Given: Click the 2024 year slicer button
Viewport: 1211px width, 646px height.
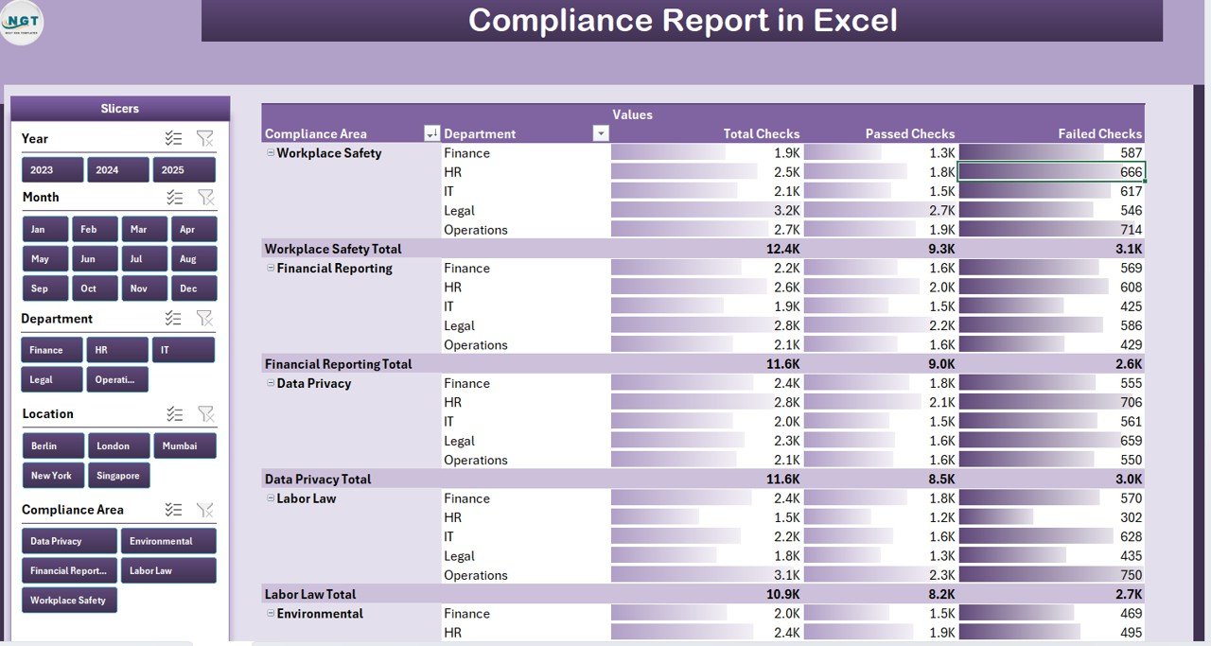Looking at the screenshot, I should tap(117, 170).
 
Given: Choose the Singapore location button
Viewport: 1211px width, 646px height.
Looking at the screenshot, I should tap(118, 476).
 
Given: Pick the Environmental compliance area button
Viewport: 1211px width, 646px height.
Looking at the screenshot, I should tap(167, 541).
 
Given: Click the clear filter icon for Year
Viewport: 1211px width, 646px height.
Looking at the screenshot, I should tap(204, 138).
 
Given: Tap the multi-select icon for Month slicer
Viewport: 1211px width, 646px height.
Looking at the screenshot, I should tap(174, 197).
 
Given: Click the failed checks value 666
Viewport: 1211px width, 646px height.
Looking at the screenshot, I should tap(1131, 172).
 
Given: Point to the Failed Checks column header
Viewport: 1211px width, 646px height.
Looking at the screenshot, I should tap(1099, 134).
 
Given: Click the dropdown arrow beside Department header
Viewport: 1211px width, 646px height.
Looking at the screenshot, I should tap(600, 134).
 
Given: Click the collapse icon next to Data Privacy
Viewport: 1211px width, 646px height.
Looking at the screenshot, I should tap(271, 383).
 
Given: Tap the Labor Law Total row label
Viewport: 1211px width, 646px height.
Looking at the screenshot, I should tap(310, 594).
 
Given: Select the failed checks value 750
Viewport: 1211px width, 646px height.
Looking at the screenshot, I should tap(1130, 575).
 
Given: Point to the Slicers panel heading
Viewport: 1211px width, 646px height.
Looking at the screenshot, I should tap(120, 109).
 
